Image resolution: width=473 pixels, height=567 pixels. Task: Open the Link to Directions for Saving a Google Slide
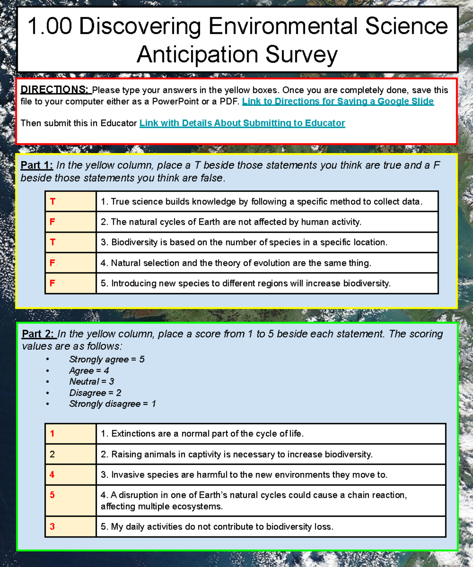tap(338, 102)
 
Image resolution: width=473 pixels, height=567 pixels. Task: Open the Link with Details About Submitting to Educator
tap(242, 123)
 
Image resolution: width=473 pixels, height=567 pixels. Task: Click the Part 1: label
tap(37, 165)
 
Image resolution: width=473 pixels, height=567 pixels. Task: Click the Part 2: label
tap(38, 334)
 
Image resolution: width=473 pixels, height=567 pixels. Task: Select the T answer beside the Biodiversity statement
tap(52, 242)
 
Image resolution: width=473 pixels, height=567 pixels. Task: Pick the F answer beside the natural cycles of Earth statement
tap(52, 222)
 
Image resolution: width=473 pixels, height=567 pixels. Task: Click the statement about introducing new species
tap(245, 283)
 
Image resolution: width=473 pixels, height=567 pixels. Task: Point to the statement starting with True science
tap(261, 202)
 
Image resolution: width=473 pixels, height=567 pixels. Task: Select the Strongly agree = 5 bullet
tap(107, 359)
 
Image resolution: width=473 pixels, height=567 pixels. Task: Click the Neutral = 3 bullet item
tap(91, 382)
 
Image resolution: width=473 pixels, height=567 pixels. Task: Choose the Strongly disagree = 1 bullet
tap(112, 404)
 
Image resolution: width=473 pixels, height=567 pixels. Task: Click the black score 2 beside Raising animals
tap(52, 454)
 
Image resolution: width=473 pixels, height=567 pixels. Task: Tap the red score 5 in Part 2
tap(52, 495)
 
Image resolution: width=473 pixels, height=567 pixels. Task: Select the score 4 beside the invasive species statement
tap(52, 475)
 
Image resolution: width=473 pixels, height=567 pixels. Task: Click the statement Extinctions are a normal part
tap(202, 434)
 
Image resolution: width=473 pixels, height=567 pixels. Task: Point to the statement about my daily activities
tap(217, 527)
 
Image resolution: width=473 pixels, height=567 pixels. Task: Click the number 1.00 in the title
tap(50, 26)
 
